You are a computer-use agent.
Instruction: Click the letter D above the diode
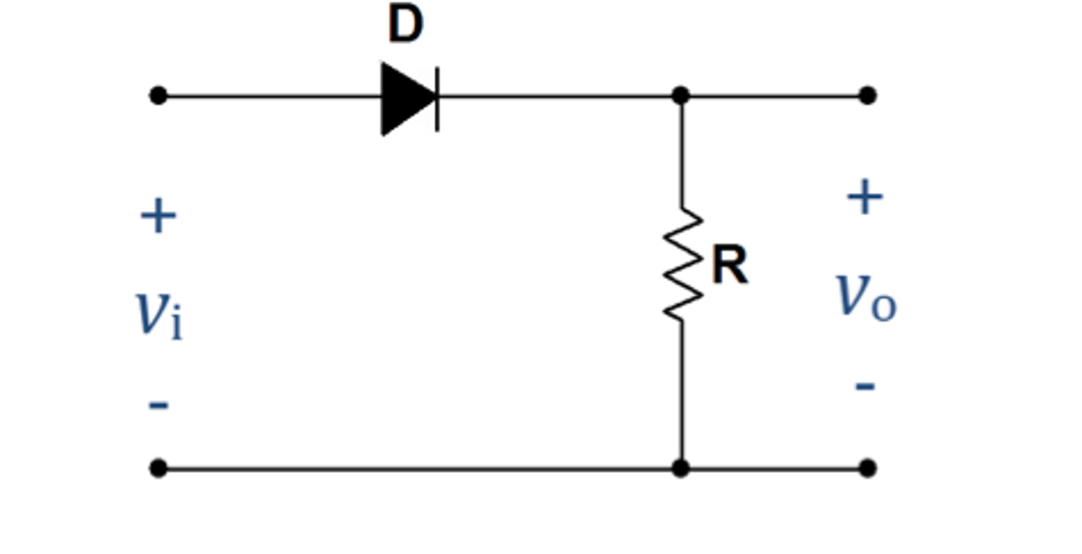pos(406,24)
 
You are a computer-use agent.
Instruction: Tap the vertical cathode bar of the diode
pos(437,99)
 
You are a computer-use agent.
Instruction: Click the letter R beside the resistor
pos(730,265)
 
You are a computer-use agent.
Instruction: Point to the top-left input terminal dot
pos(158,96)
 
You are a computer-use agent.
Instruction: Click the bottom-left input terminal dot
pos(158,468)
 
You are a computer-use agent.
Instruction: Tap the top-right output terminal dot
pos(867,96)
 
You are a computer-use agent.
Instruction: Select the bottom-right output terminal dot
pos(867,468)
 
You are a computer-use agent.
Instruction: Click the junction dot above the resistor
pos(681,96)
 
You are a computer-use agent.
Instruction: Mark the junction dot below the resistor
pos(681,468)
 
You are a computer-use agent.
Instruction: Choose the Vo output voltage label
pos(866,297)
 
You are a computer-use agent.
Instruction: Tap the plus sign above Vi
pos(158,216)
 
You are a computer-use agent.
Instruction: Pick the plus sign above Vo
pos(865,197)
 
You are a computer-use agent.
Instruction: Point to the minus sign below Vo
pos(865,387)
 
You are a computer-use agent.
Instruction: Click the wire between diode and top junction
pos(555,96)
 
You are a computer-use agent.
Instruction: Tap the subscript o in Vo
pos(884,307)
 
